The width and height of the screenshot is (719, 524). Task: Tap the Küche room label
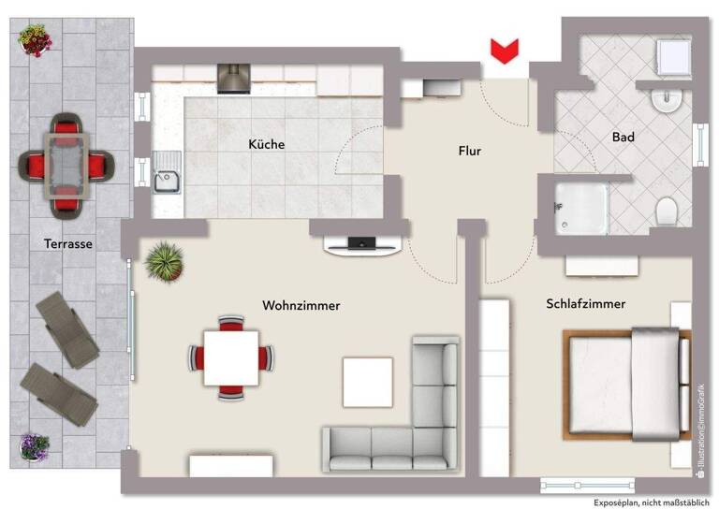pos(266,144)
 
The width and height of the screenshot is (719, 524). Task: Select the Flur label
pos(469,150)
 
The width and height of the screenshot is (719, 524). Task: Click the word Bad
pos(623,137)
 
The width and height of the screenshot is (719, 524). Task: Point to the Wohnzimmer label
pos(301,305)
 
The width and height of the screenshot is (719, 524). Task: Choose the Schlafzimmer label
pos(585,303)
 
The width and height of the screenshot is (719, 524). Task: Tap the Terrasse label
pos(67,243)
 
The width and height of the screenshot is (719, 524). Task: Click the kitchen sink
pos(168,175)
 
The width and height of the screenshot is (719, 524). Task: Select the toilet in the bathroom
pos(668,211)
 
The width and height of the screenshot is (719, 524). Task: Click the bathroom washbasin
pos(667,99)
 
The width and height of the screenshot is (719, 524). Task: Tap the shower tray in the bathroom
pos(580,206)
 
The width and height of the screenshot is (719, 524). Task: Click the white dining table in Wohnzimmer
pos(231,357)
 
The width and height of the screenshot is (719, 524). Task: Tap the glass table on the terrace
pos(66,164)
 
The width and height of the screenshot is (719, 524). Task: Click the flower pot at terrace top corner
pos(36,40)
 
